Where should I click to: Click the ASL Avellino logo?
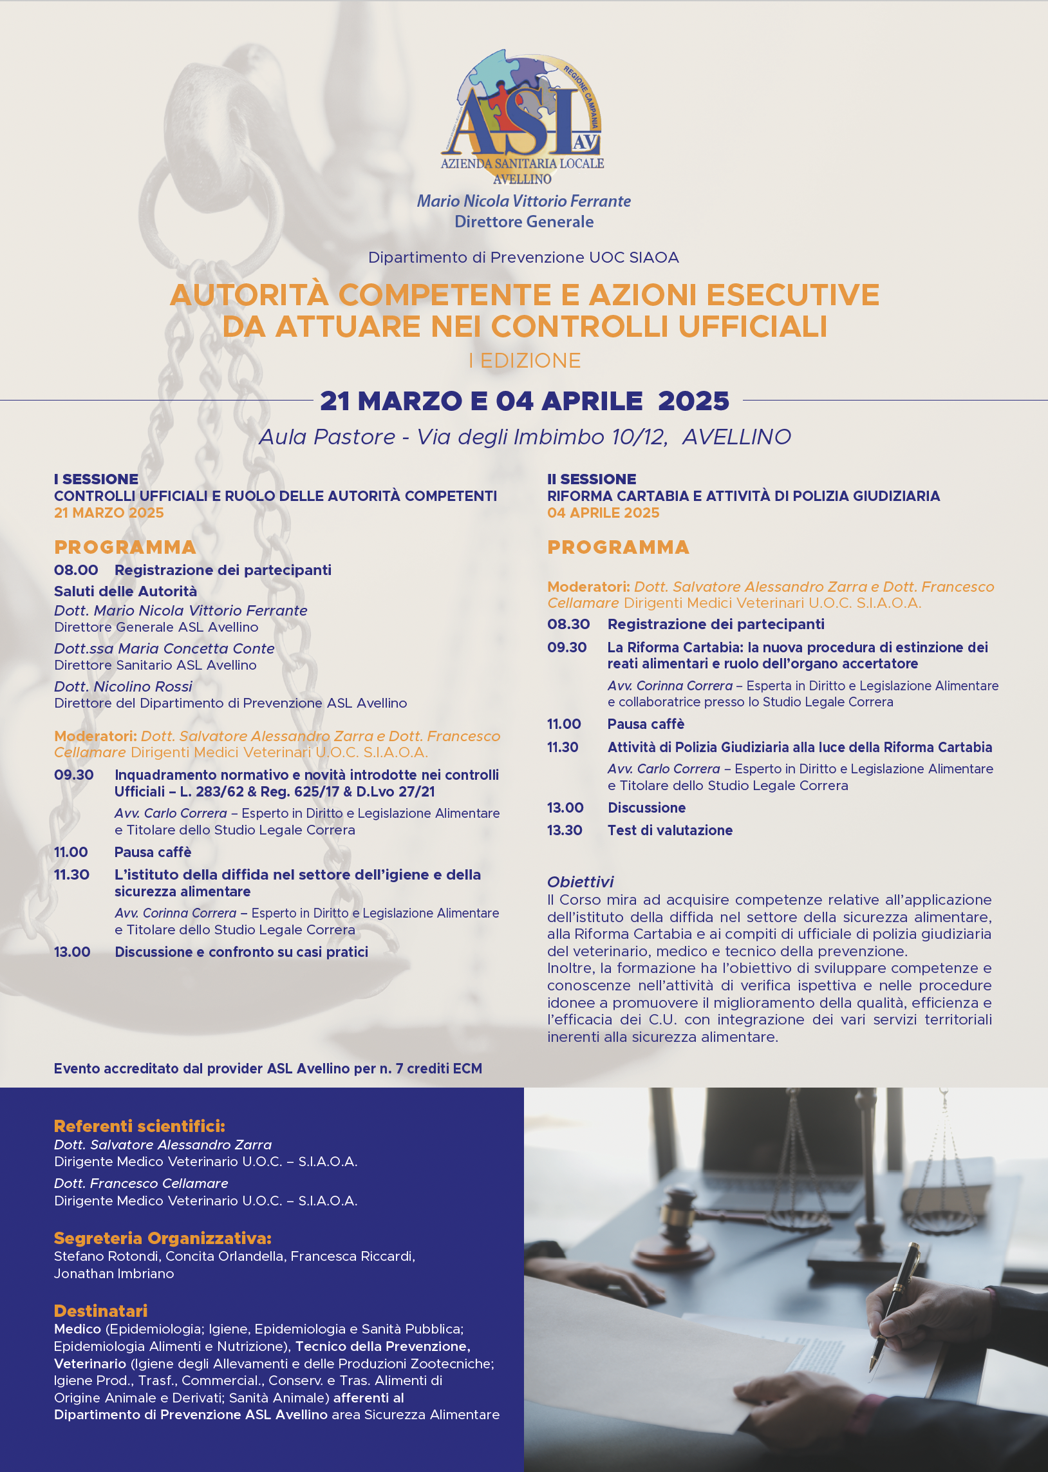point(523,116)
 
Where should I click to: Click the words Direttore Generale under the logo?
point(523,222)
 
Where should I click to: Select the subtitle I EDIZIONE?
point(524,361)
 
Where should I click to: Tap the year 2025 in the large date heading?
point(693,401)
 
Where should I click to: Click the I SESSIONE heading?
point(96,479)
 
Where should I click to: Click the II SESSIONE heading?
point(591,479)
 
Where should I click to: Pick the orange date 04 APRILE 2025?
point(603,513)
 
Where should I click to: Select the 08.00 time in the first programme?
point(76,571)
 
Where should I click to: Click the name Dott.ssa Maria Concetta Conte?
point(164,648)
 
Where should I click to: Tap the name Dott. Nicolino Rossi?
point(123,686)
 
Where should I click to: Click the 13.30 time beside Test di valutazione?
point(565,831)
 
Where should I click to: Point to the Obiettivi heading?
point(580,882)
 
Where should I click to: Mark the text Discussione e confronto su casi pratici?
point(241,952)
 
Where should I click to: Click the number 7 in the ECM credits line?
point(400,1069)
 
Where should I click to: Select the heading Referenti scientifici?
point(140,1126)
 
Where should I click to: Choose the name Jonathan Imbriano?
point(114,1274)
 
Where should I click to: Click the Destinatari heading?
point(100,1310)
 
